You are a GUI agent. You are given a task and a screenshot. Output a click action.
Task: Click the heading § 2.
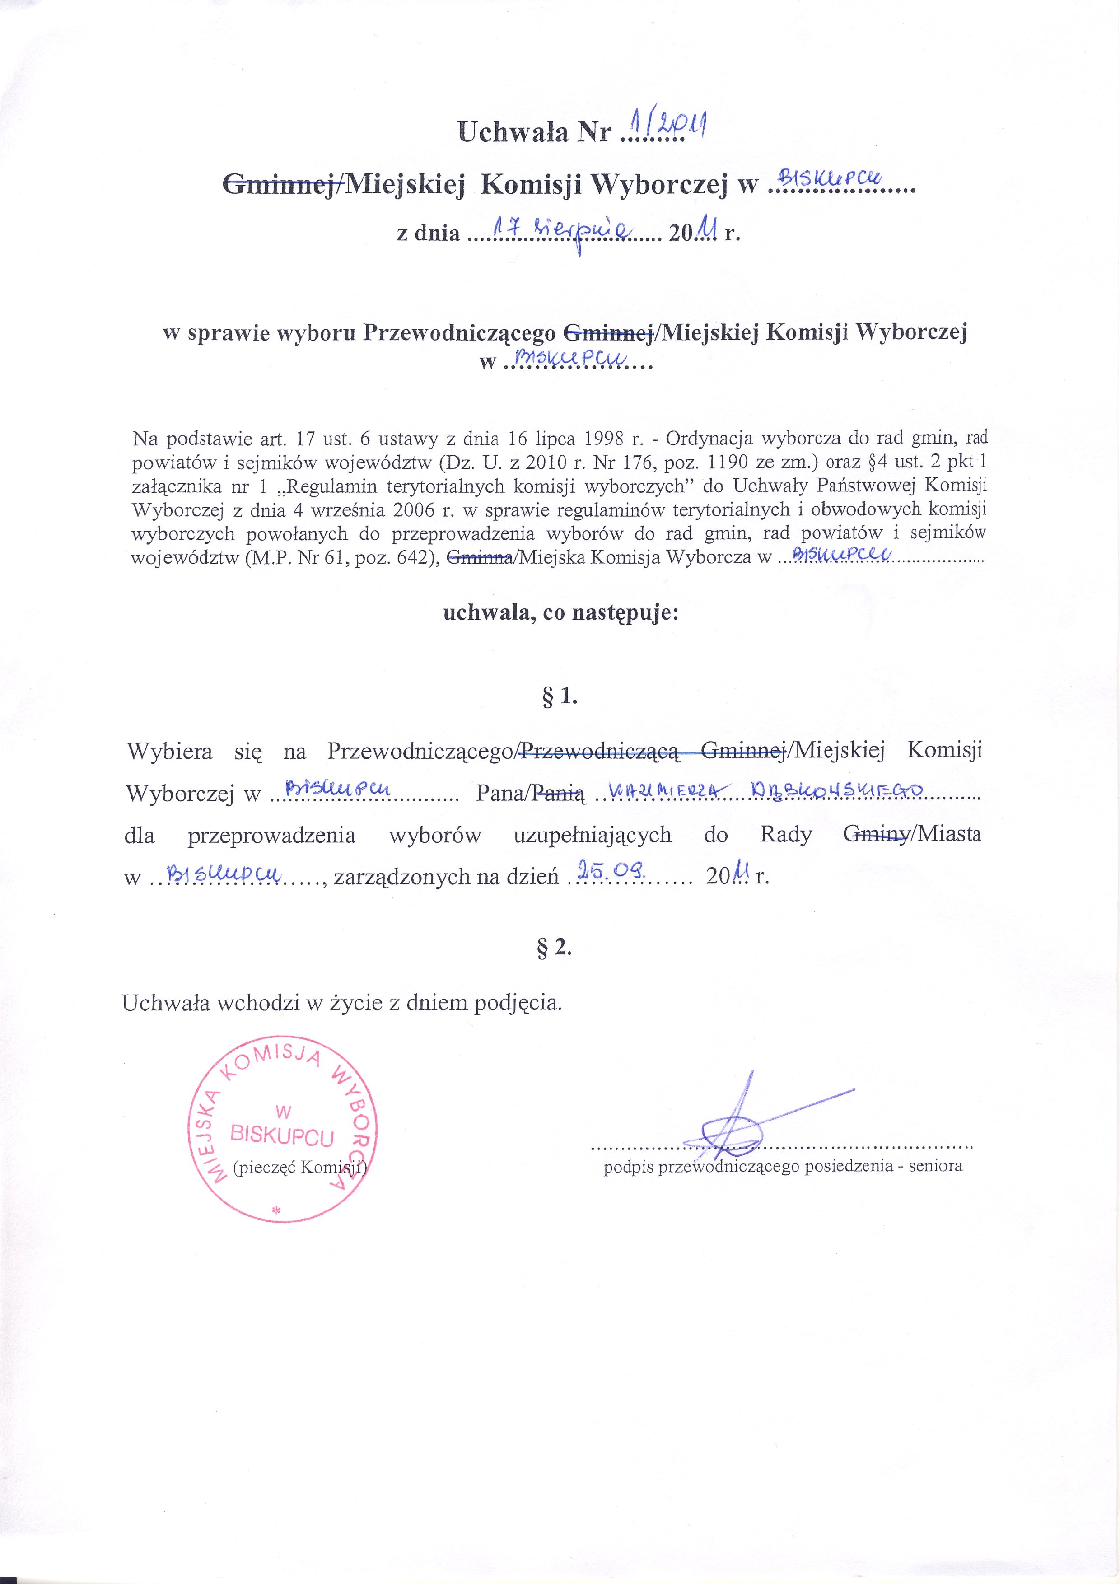(x=555, y=948)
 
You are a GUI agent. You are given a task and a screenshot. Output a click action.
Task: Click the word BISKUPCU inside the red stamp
(x=283, y=1135)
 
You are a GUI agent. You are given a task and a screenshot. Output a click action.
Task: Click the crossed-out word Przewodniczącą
(x=601, y=751)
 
